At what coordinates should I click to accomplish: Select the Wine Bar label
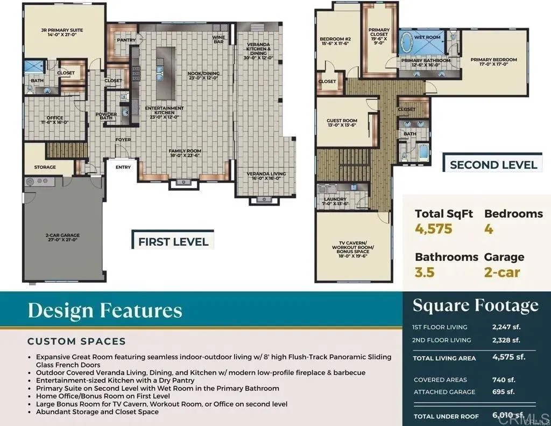(x=218, y=39)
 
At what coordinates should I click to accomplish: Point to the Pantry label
(x=126, y=40)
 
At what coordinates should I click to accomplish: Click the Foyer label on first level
(x=123, y=139)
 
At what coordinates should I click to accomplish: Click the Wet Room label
(x=427, y=38)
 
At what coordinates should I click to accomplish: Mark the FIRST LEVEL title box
(x=173, y=241)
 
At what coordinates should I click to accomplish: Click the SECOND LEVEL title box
(x=493, y=165)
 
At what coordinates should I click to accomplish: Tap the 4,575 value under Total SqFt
(x=434, y=229)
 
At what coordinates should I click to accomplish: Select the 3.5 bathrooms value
(x=425, y=272)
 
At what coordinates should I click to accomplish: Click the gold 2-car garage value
(x=501, y=272)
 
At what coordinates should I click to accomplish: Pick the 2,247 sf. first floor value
(x=506, y=327)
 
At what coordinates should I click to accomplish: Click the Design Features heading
(x=105, y=311)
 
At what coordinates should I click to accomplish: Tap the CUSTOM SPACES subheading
(x=76, y=341)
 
